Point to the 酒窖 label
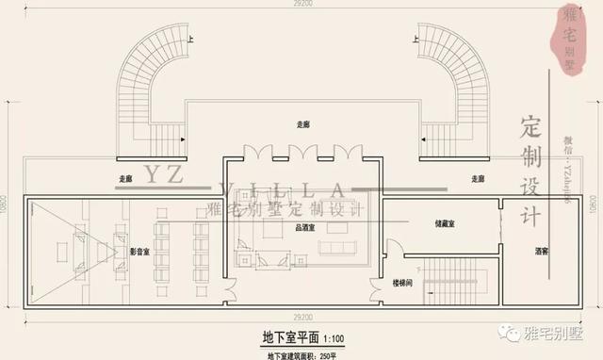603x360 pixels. click(542, 252)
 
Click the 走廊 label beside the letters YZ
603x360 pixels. click(126, 178)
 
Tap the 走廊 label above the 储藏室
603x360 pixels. click(476, 177)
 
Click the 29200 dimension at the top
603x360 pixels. click(301, 5)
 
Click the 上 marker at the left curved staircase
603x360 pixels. click(191, 39)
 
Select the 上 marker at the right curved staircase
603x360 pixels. click(414, 39)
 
